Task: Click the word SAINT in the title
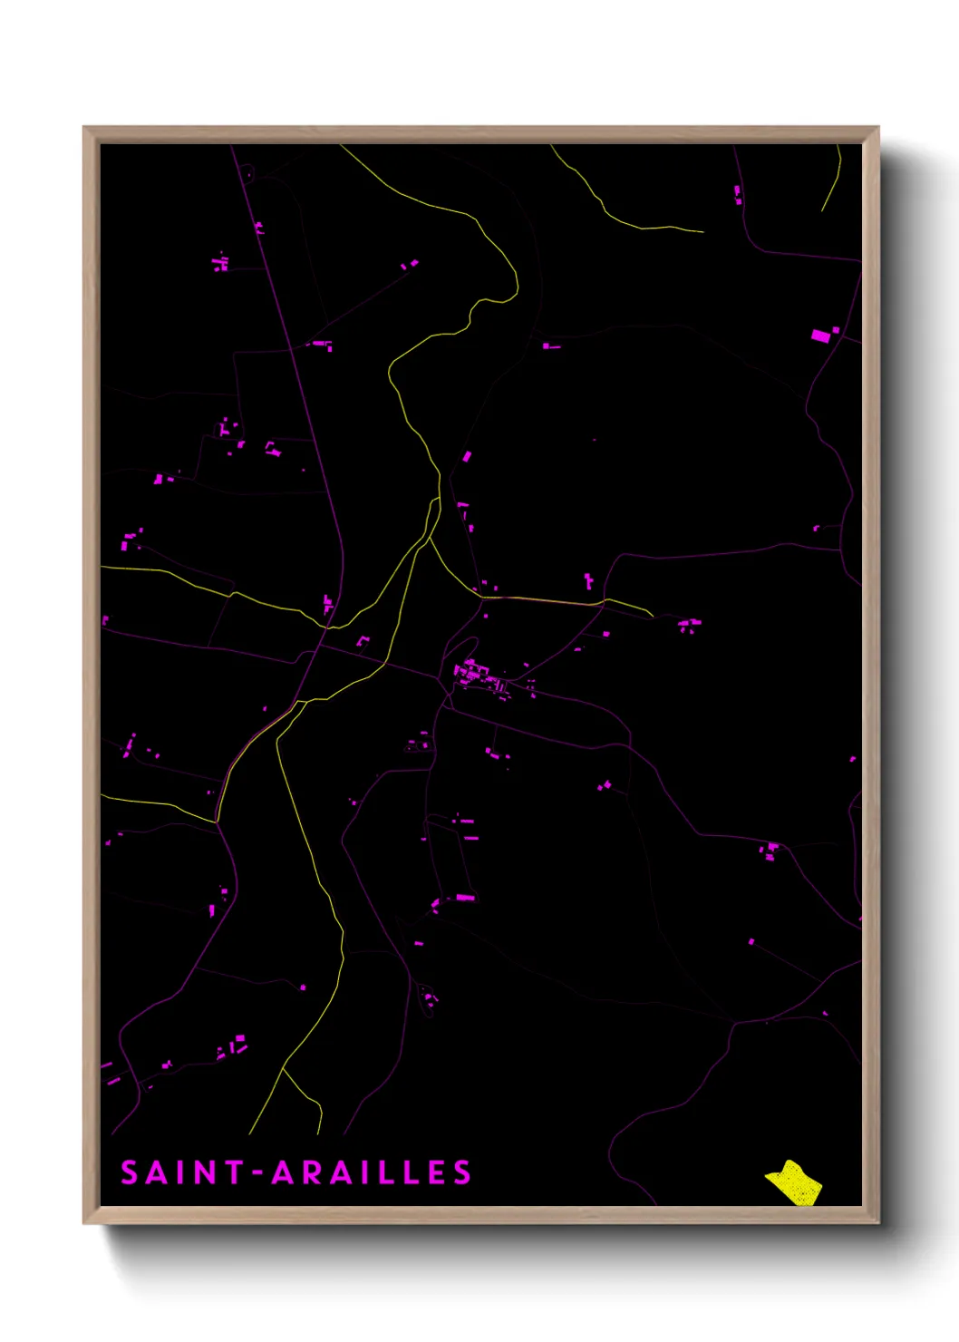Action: click(x=182, y=1172)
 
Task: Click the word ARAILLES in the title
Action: click(x=372, y=1172)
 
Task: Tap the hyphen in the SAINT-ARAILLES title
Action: click(x=257, y=1173)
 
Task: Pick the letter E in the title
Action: click(x=437, y=1172)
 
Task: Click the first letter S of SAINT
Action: click(x=130, y=1172)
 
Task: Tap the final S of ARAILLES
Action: click(x=462, y=1172)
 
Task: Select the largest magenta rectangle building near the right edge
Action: click(x=820, y=336)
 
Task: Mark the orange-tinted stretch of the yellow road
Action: click(x=544, y=600)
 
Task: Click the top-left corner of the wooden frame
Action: click(x=84, y=127)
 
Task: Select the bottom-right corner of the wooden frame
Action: click(x=877, y=1222)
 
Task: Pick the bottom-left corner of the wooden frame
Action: click(x=84, y=1222)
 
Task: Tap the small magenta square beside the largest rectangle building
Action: click(x=836, y=330)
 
